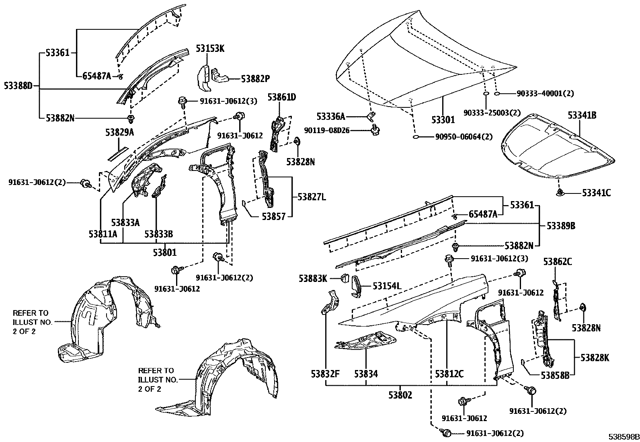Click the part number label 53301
(443, 120)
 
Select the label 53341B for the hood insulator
(582, 115)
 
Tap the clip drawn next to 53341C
(560, 193)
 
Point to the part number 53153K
(210, 49)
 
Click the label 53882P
(255, 79)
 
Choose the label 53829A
(120, 133)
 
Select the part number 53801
(164, 253)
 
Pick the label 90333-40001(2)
(545, 94)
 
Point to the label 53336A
(330, 117)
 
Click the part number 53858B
(555, 376)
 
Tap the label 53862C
(557, 262)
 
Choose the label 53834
(366, 374)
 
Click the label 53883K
(313, 278)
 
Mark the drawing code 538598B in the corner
(623, 437)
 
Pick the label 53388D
(18, 85)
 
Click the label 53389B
(560, 226)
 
